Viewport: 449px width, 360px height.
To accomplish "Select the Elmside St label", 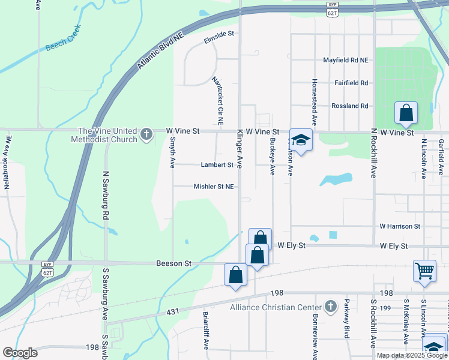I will [218, 35].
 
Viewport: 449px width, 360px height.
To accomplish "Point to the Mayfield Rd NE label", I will [345, 60].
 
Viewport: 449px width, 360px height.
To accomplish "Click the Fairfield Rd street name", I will [351, 83].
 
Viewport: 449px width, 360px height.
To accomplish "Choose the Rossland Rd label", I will [350, 106].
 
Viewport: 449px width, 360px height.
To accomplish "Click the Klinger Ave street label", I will [240, 148].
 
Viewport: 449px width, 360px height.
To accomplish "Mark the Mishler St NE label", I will [213, 187].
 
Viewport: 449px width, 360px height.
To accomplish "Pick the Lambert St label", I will [217, 164].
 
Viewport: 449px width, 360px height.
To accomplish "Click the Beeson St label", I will [173, 263].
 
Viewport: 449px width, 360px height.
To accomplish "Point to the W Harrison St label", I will [400, 226].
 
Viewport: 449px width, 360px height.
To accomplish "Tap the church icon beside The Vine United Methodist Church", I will [146, 134].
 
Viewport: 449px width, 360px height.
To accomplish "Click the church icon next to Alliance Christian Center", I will [330, 307].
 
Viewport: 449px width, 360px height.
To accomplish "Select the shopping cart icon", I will [424, 270].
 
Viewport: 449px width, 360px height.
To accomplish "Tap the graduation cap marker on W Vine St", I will [301, 140].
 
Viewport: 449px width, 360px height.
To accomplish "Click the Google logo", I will [20, 352].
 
